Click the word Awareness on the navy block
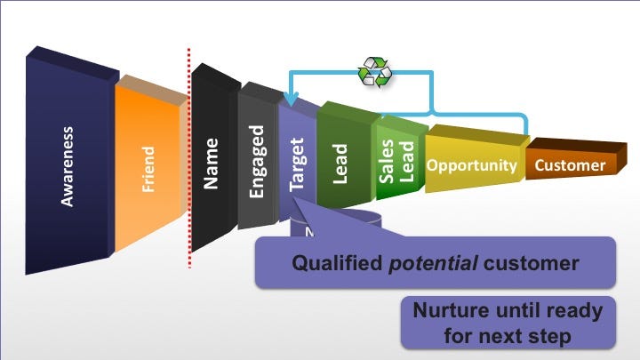(68, 166)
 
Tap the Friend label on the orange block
(148, 169)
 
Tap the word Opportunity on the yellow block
(471, 165)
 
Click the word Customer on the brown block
(570, 165)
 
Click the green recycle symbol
(373, 72)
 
